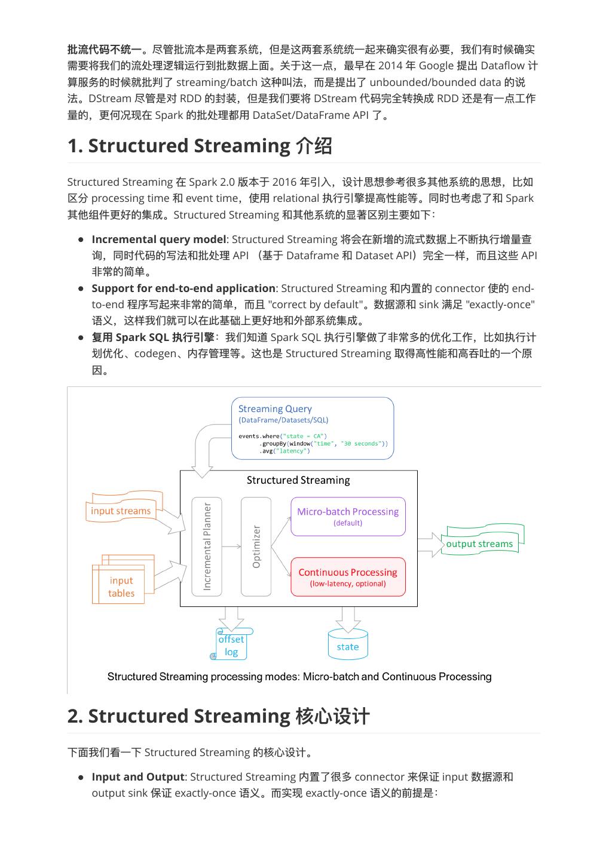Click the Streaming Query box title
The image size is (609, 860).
(275, 409)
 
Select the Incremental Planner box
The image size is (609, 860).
(207, 546)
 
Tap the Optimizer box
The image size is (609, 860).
(256, 546)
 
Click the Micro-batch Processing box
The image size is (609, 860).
(348, 516)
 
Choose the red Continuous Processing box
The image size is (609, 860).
(348, 577)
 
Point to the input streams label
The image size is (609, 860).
(121, 511)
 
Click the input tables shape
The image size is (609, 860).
(121, 586)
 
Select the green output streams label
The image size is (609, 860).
(479, 543)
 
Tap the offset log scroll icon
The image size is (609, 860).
(231, 645)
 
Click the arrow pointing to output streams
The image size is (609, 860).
(430, 545)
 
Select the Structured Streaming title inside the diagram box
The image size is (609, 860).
(298, 480)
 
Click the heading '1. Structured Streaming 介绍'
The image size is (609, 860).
(200, 146)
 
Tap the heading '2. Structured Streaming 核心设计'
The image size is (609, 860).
(219, 716)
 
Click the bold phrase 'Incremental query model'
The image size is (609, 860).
(159, 239)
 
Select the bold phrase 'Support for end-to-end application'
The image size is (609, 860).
(183, 288)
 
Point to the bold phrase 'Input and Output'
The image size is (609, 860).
(137, 777)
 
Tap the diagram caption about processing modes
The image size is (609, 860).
(299, 677)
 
